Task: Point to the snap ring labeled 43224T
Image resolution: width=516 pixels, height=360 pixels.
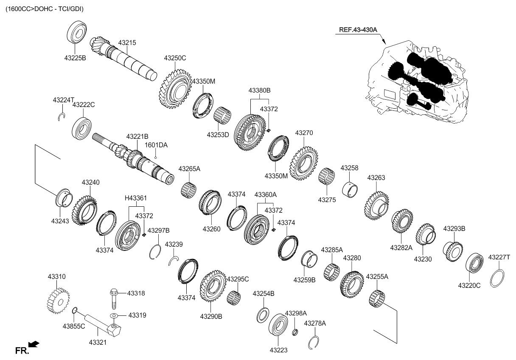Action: (x=62, y=115)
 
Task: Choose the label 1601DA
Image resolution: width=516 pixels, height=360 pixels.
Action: (x=156, y=145)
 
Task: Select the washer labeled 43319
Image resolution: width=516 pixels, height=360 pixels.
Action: (x=114, y=316)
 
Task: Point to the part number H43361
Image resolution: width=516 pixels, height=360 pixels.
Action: (x=136, y=198)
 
